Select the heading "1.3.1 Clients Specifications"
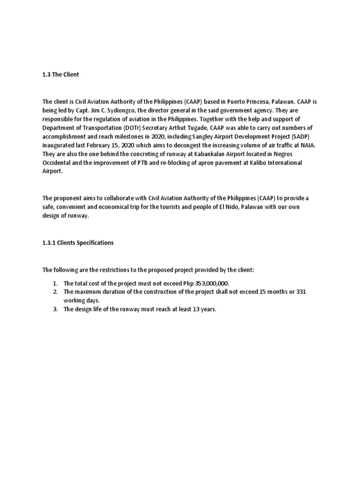78,243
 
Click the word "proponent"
67,198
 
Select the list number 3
54,309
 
